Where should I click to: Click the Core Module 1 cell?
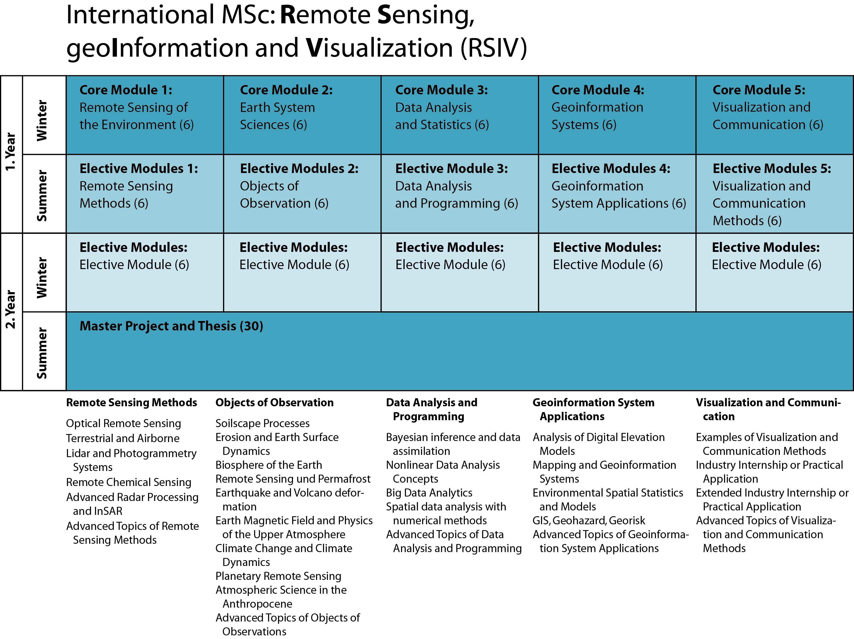click(x=144, y=115)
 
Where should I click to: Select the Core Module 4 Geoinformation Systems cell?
click(x=617, y=115)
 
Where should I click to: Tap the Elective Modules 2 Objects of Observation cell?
click(x=302, y=194)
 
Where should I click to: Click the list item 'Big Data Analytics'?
click(x=429, y=493)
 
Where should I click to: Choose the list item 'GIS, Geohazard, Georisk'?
click(x=588, y=520)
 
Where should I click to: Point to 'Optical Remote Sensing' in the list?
click(x=123, y=423)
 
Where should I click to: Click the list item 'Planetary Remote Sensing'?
click(x=278, y=576)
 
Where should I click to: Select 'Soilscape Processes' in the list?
click(x=262, y=423)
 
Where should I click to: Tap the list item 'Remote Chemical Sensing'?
click(x=129, y=482)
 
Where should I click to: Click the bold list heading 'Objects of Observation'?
click(x=274, y=402)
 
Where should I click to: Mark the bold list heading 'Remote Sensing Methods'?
click(x=131, y=402)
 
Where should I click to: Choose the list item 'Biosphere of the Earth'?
click(x=268, y=465)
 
